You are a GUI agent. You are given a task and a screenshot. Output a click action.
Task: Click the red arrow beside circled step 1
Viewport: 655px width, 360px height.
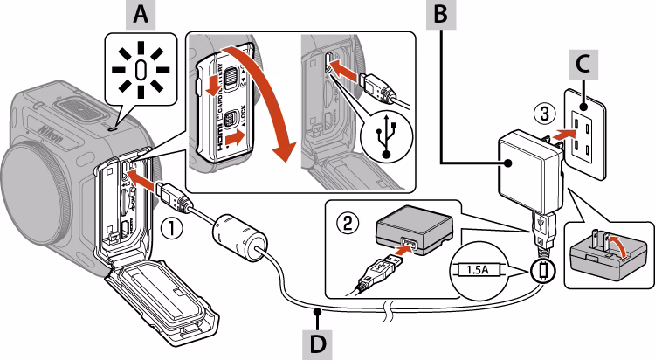150,185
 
